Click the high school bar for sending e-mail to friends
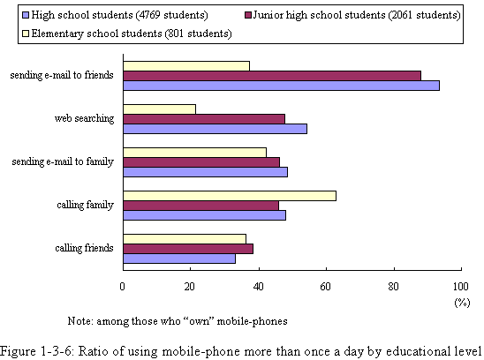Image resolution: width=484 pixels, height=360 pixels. (281, 86)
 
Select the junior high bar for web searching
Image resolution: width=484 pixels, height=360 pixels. (204, 119)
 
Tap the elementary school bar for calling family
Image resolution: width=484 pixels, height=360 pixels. (230, 196)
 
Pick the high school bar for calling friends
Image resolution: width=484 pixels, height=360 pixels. (179, 259)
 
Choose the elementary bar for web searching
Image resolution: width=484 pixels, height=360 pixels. (160, 109)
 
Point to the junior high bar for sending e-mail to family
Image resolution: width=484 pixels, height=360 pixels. (201, 162)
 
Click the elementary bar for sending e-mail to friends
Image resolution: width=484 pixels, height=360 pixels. (186, 66)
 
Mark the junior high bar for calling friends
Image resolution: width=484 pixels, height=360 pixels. (188, 249)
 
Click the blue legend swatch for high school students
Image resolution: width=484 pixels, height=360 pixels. (26, 15)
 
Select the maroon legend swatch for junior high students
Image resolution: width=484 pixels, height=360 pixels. (248, 15)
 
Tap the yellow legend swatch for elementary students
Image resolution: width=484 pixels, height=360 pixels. (26, 34)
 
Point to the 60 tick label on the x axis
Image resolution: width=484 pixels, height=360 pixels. (326, 287)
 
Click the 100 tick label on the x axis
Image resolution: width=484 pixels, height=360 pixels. (461, 287)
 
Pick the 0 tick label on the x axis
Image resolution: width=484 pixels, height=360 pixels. (123, 287)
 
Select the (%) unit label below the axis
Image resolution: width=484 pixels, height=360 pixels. (462, 303)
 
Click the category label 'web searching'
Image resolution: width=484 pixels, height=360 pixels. (84, 118)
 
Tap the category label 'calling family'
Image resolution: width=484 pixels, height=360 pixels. (85, 205)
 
